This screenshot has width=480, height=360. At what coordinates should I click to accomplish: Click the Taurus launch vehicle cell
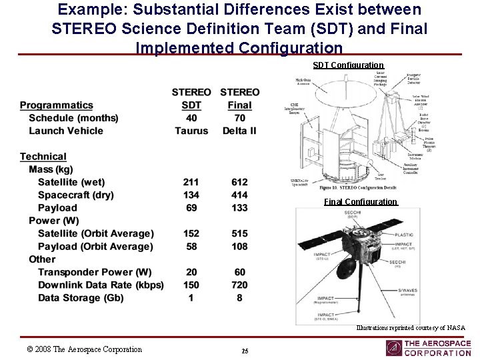point(191,131)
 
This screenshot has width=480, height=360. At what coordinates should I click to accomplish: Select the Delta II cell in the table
point(239,131)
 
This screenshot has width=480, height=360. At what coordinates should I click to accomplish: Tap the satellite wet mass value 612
point(239,182)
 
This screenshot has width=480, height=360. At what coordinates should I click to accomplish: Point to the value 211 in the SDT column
point(191,182)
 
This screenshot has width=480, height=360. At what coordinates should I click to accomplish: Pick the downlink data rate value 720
point(239,285)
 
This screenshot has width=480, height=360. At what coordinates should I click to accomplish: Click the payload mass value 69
point(191,208)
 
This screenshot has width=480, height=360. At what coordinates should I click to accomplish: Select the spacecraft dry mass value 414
point(239,195)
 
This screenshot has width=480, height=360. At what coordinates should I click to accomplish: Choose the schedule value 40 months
point(191,118)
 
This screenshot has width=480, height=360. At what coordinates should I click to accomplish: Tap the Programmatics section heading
point(57,105)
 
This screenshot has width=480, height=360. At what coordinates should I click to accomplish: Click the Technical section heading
point(43,157)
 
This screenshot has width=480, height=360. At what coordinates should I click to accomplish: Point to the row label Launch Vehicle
point(66,131)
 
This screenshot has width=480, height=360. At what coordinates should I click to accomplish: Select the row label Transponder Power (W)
point(95,272)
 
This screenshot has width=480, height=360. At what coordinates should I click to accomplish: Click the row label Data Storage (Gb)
point(81,298)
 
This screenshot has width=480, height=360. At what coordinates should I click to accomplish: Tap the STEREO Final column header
point(239,98)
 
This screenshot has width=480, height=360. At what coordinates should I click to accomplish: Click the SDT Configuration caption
point(348,65)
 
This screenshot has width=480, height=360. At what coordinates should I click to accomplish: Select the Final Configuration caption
point(361,202)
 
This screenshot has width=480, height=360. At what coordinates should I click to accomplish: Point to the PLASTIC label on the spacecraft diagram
point(404,235)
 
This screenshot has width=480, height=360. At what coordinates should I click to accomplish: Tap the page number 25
point(245,351)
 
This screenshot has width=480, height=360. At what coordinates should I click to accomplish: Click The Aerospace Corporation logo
point(428,348)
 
